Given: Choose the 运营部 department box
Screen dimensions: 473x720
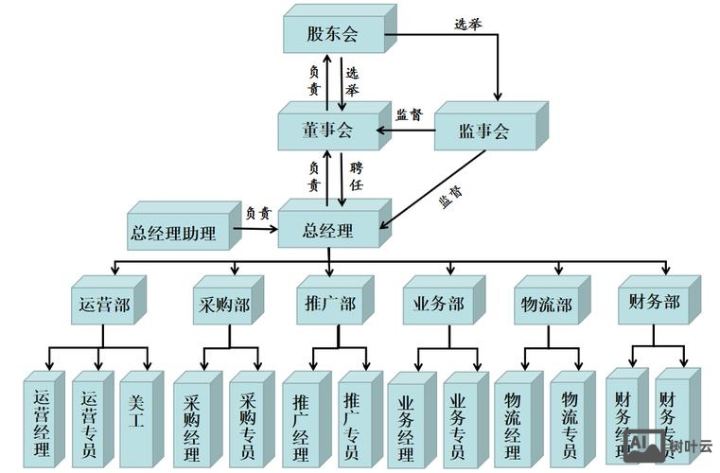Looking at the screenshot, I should (103, 306).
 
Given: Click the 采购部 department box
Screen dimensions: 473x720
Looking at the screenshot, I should (224, 306).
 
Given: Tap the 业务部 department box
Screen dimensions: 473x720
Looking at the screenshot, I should (438, 306).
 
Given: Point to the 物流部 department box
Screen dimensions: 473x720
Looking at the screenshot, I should (546, 306).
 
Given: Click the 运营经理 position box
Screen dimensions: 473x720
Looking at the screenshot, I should (41, 424).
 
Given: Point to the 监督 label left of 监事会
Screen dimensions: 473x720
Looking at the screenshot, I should (409, 114).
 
